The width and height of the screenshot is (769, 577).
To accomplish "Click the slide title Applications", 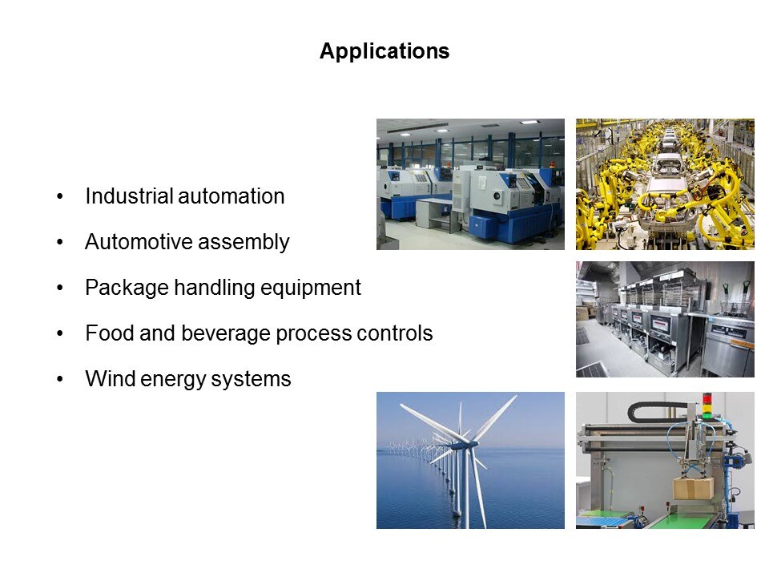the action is pyautogui.click(x=384, y=51).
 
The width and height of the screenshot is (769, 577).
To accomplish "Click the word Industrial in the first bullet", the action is pyautogui.click(x=130, y=196).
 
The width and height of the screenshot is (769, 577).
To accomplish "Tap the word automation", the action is pyautogui.click(x=232, y=196).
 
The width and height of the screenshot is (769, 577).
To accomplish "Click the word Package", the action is pyautogui.click(x=127, y=288).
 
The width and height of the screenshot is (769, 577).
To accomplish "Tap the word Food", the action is pyautogui.click(x=110, y=333).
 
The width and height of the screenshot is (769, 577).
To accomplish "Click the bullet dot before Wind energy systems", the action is pyautogui.click(x=60, y=379).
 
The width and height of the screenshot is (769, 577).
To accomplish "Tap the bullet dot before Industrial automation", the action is pyautogui.click(x=60, y=196).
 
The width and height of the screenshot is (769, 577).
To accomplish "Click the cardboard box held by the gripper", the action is pyautogui.click(x=694, y=488).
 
